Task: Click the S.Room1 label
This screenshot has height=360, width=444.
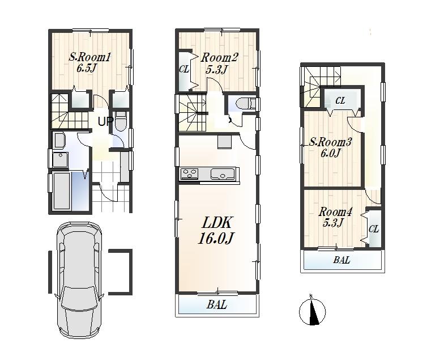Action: [x=89, y=57]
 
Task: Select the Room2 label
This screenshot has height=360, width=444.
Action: [x=220, y=58]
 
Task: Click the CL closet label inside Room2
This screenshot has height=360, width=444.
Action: [x=184, y=70]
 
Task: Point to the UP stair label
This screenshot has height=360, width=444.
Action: [x=105, y=121]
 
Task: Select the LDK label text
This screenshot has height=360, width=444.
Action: [x=216, y=223]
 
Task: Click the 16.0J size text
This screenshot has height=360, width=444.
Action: [x=216, y=239]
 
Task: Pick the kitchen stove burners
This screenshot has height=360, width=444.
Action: [x=189, y=173]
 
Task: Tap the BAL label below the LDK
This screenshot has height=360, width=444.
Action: [x=216, y=305]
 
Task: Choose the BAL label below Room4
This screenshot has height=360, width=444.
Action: [x=341, y=261]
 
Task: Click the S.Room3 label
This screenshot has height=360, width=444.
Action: [x=331, y=142]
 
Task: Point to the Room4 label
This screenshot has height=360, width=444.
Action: [x=335, y=212]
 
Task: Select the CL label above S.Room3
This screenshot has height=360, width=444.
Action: [x=340, y=100]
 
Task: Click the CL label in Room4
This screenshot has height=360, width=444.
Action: [x=373, y=229]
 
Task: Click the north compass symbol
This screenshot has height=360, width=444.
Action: [x=312, y=311]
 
